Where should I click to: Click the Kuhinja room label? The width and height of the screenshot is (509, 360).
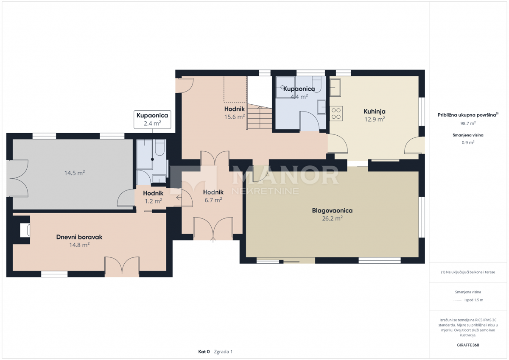374,112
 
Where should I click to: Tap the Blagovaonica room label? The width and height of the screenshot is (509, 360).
332,210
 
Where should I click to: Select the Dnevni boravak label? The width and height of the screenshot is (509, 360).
79,237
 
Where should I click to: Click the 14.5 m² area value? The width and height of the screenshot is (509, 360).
75,173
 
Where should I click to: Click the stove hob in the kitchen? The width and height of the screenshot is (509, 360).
336,113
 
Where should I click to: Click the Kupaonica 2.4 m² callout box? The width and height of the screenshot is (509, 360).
153,119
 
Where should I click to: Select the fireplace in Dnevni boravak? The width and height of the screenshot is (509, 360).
25,230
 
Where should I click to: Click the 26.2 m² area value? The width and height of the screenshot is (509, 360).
332,218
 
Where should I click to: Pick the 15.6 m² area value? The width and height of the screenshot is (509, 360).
235,117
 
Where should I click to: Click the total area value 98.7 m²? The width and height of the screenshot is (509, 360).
468,123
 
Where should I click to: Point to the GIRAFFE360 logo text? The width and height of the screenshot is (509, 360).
468,345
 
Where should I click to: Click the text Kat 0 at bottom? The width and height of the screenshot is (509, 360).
204,352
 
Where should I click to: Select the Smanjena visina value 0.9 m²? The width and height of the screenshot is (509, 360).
468,142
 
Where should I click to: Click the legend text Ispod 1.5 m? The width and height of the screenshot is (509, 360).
473,300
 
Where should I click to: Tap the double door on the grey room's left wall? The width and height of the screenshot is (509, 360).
18,178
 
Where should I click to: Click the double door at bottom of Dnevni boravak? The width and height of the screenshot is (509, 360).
122,267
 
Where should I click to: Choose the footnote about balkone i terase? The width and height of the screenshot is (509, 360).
468,272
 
